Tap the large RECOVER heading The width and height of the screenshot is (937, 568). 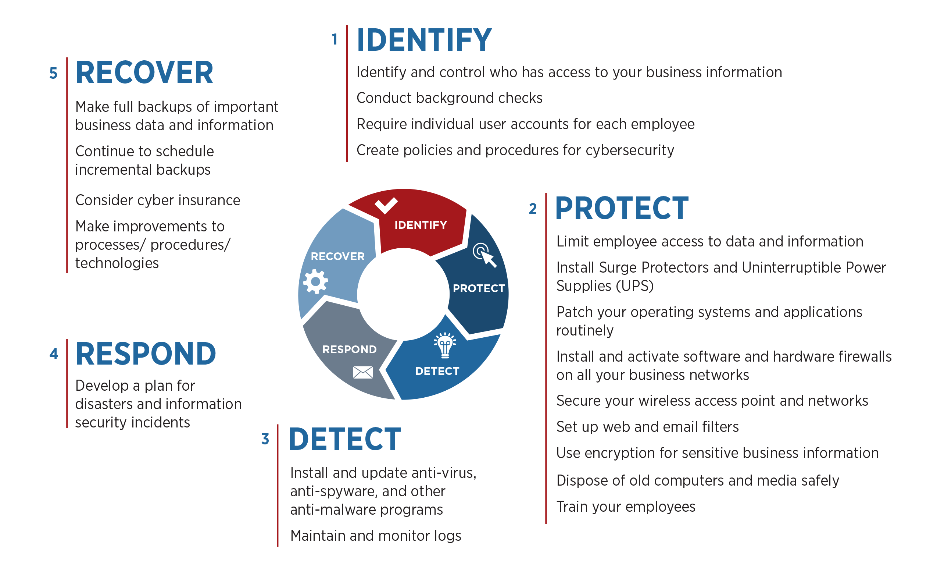tap(144, 73)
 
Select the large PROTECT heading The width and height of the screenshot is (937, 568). tap(622, 209)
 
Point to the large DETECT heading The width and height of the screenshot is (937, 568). tap(344, 439)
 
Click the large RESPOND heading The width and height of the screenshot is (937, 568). tap(146, 354)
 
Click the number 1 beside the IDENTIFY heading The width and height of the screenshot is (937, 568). tap(335, 40)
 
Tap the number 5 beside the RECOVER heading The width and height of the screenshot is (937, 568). tap(53, 74)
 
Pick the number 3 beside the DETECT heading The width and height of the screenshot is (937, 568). tap(265, 439)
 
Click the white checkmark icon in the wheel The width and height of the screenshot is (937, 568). tap(386, 205)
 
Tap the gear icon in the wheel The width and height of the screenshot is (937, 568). tap(315, 281)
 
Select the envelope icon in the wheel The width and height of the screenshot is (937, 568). tap(363, 372)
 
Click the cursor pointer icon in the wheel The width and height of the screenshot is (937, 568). tap(485, 255)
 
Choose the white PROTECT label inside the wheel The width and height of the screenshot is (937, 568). tap(479, 288)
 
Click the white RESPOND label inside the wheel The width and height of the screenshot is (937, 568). tap(350, 349)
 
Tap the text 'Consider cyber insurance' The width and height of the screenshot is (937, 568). tap(158, 200)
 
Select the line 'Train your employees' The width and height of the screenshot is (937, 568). tap(626, 507)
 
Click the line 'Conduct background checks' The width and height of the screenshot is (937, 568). tap(449, 98)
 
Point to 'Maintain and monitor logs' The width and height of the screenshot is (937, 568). tap(376, 536)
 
